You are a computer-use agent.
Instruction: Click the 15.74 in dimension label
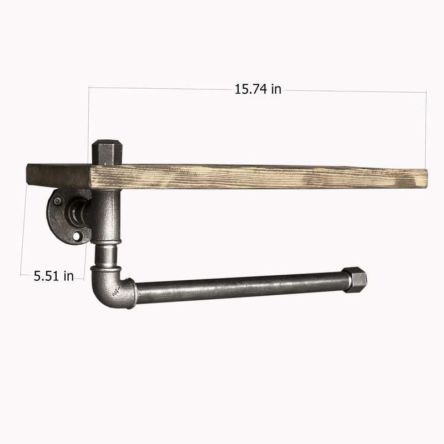(258, 89)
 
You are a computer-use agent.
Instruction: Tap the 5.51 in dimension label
(53, 276)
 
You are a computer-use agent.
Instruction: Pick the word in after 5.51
(68, 276)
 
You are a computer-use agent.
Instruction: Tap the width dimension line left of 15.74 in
(161, 88)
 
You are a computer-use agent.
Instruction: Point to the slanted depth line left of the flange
(24, 228)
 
